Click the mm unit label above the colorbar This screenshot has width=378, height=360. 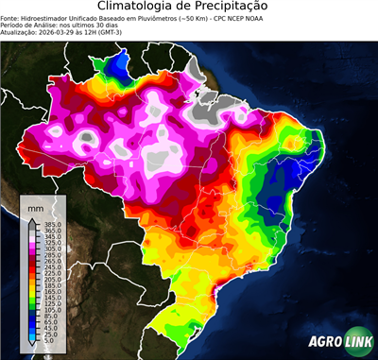(36, 205)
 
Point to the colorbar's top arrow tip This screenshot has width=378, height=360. (31, 217)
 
